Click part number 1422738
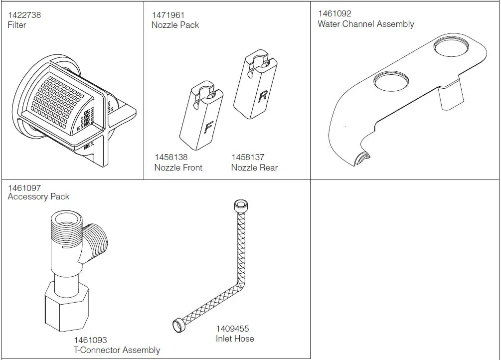pyautogui.click(x=24, y=15)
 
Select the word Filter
pyautogui.click(x=17, y=25)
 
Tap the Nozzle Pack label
pyautogui.click(x=175, y=25)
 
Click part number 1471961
pyautogui.click(x=168, y=15)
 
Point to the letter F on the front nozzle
pyautogui.click(x=208, y=128)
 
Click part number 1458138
pyautogui.click(x=171, y=158)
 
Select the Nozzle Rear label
pyautogui.click(x=254, y=168)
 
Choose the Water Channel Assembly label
pyautogui.click(x=366, y=24)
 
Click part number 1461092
pyautogui.click(x=334, y=14)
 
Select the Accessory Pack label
pyautogui.click(x=38, y=196)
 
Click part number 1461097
pyautogui.click(x=24, y=187)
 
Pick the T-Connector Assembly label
pyautogui.click(x=117, y=350)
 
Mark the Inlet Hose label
pyautogui.click(x=235, y=339)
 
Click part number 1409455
pyautogui.click(x=232, y=329)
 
